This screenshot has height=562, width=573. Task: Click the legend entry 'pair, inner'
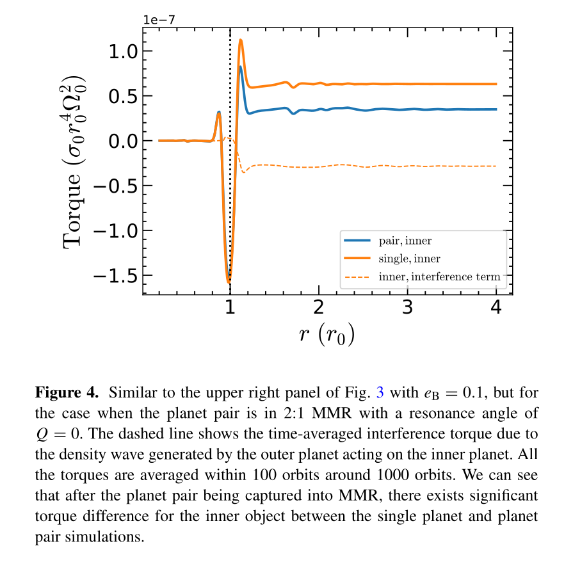click(405, 241)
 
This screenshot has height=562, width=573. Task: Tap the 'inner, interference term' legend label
click(439, 277)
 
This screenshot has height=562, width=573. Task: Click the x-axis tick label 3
click(407, 308)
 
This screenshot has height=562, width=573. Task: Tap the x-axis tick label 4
click(496, 308)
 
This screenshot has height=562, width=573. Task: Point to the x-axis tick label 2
click(318, 308)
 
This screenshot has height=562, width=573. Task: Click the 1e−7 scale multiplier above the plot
click(158, 19)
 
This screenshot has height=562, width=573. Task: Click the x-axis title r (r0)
click(327, 334)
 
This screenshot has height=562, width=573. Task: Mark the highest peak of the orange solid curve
click(240, 40)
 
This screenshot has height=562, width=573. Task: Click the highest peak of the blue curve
click(240, 67)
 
